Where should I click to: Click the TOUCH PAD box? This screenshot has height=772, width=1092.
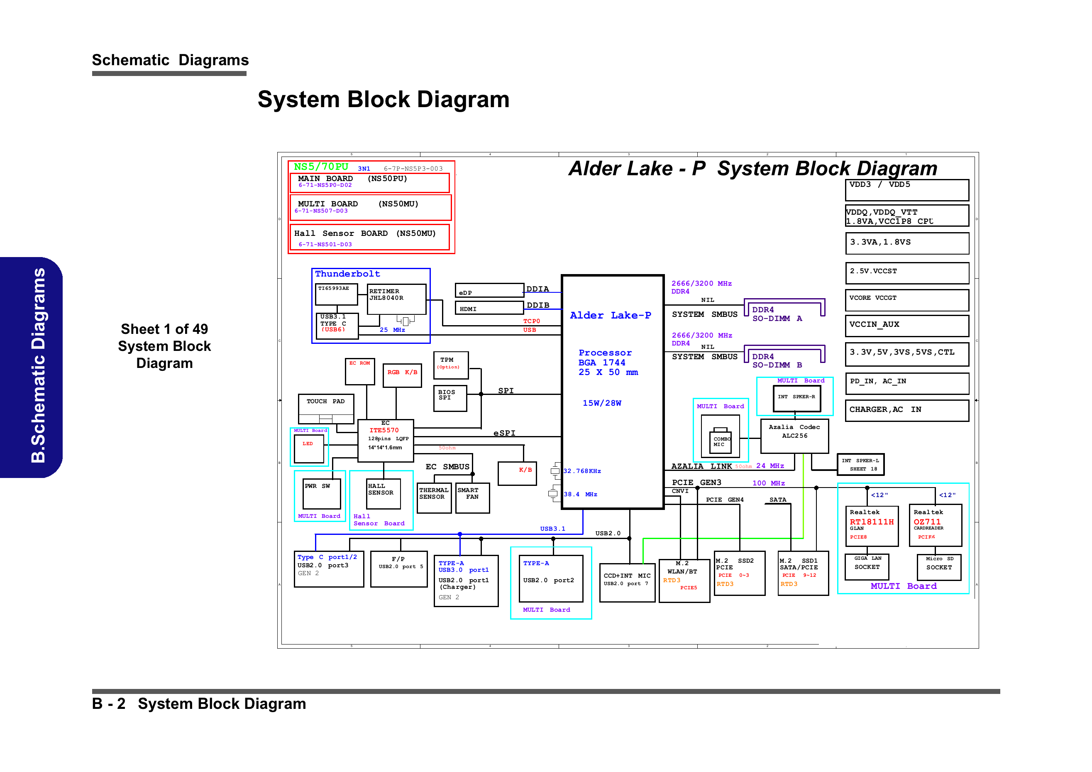click(x=326, y=407)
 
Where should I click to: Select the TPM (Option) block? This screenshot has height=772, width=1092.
click(x=450, y=365)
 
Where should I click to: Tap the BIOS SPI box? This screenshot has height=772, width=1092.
click(x=450, y=398)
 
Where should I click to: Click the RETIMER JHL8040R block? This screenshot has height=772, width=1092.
click(x=396, y=299)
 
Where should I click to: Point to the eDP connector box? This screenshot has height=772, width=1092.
click(x=489, y=290)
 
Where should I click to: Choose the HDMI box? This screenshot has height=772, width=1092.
click(x=489, y=308)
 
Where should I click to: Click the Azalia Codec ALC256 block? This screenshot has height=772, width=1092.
click(x=794, y=436)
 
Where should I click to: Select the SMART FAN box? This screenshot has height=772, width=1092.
click(x=472, y=498)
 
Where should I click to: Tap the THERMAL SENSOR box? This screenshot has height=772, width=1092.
click(x=433, y=498)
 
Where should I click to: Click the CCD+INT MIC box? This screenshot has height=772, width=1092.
click(x=626, y=582)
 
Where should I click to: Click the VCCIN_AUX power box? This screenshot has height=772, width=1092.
click(x=906, y=326)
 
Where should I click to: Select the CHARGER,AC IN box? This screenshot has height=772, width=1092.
click(x=906, y=410)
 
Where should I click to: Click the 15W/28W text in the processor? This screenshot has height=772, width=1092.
click(x=602, y=403)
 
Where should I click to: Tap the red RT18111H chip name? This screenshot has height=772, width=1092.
click(x=871, y=522)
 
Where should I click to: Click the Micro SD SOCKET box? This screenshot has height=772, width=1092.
click(x=938, y=567)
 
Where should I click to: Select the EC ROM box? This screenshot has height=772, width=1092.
click(x=359, y=371)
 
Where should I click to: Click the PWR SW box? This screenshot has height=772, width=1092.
click(x=322, y=494)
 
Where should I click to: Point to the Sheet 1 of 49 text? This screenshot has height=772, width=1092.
click(x=164, y=329)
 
